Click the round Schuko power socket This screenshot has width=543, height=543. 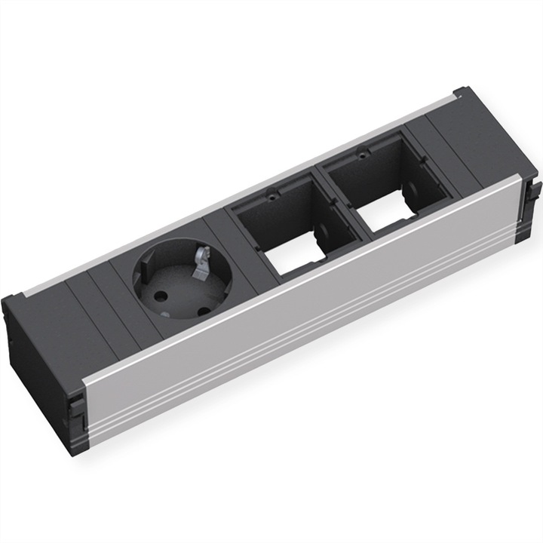[180, 278]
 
